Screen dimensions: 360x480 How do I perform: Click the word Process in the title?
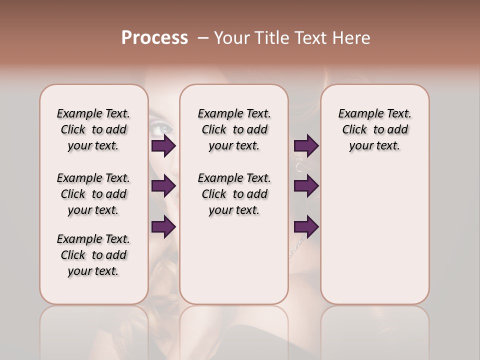(154, 38)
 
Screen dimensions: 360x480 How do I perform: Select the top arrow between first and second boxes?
(163, 146)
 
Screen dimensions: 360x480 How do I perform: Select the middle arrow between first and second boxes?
(163, 186)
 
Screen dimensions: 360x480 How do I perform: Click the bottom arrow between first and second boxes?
(163, 227)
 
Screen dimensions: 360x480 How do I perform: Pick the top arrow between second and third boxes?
(306, 146)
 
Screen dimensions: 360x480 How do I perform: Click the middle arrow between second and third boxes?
(306, 186)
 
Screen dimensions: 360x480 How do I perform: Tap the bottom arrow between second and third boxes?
(306, 227)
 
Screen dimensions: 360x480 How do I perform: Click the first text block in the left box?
(93, 129)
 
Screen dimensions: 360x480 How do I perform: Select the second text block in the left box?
(93, 194)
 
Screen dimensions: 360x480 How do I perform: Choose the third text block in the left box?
(93, 255)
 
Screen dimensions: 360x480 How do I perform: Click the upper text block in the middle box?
(234, 129)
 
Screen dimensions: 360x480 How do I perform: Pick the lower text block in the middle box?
(234, 194)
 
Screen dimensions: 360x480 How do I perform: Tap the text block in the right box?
(374, 129)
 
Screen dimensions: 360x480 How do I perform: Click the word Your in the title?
(231, 38)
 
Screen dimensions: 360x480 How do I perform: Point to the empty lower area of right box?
(374, 235)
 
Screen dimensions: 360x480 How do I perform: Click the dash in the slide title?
(203, 38)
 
